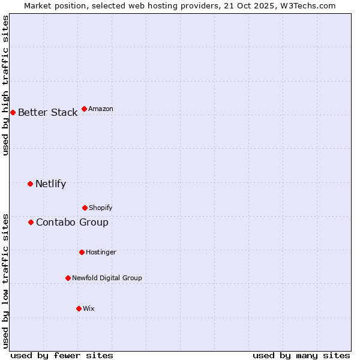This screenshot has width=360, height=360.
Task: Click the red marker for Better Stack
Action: pyautogui.click(x=13, y=112)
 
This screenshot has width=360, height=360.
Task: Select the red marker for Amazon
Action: pyautogui.click(x=84, y=109)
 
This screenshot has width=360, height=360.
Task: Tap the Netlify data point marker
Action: pyautogui.click(x=30, y=184)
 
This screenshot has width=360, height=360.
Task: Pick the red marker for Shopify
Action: pyautogui.click(x=85, y=208)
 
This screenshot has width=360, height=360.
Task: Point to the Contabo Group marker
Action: pyautogui.click(x=31, y=222)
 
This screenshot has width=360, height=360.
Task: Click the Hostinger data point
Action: pyautogui.click(x=82, y=252)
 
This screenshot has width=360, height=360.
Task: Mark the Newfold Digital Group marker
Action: pyautogui.click(x=68, y=278)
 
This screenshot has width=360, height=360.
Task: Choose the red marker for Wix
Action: pyautogui.click(x=79, y=308)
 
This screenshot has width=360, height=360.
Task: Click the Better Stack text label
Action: pyautogui.click(x=47, y=113)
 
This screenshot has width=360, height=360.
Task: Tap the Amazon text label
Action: pyautogui.click(x=101, y=109)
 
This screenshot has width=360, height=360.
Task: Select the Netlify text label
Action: pyautogui.click(x=50, y=184)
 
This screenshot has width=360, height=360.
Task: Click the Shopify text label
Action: pyautogui.click(x=101, y=208)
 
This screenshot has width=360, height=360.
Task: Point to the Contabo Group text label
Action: pyautogui.click(x=72, y=223)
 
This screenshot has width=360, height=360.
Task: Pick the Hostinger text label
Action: pyautogui.click(x=101, y=253)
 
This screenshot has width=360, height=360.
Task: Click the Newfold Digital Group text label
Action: pyautogui.click(x=107, y=278)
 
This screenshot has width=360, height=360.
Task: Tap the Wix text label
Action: pyautogui.click(x=89, y=309)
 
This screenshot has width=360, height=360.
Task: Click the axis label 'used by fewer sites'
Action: pyautogui.click(x=62, y=356)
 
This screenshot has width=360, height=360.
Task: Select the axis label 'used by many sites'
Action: pyautogui.click(x=301, y=356)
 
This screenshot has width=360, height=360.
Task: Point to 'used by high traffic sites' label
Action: pyautogui.click(x=6, y=85)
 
